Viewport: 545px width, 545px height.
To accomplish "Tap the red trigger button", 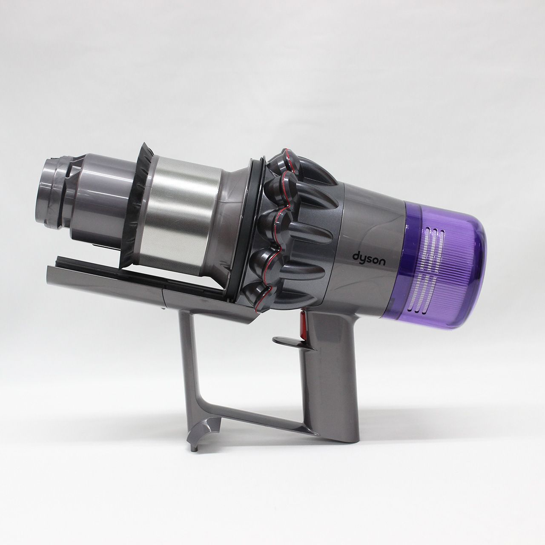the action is pos(303,325).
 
